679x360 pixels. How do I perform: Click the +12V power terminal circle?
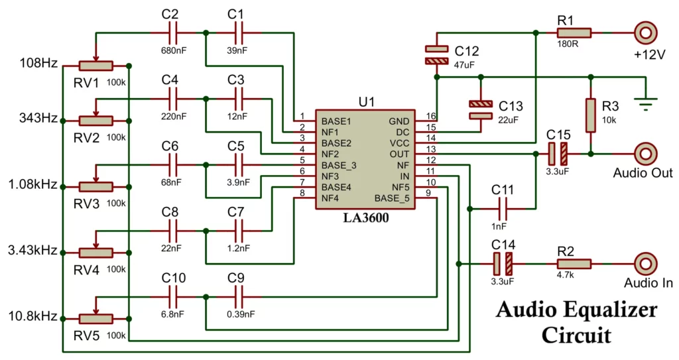point(645,32)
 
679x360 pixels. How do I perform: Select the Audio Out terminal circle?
point(645,153)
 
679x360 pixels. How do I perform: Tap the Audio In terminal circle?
point(645,263)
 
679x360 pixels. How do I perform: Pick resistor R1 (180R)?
point(574,32)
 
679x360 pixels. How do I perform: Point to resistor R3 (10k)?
point(590,115)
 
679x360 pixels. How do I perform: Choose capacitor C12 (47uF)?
point(436,55)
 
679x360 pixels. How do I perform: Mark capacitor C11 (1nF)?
point(503,208)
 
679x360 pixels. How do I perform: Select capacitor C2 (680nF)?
point(171,32)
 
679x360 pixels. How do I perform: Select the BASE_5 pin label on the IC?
point(392,198)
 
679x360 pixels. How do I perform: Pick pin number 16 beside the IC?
point(431,117)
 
